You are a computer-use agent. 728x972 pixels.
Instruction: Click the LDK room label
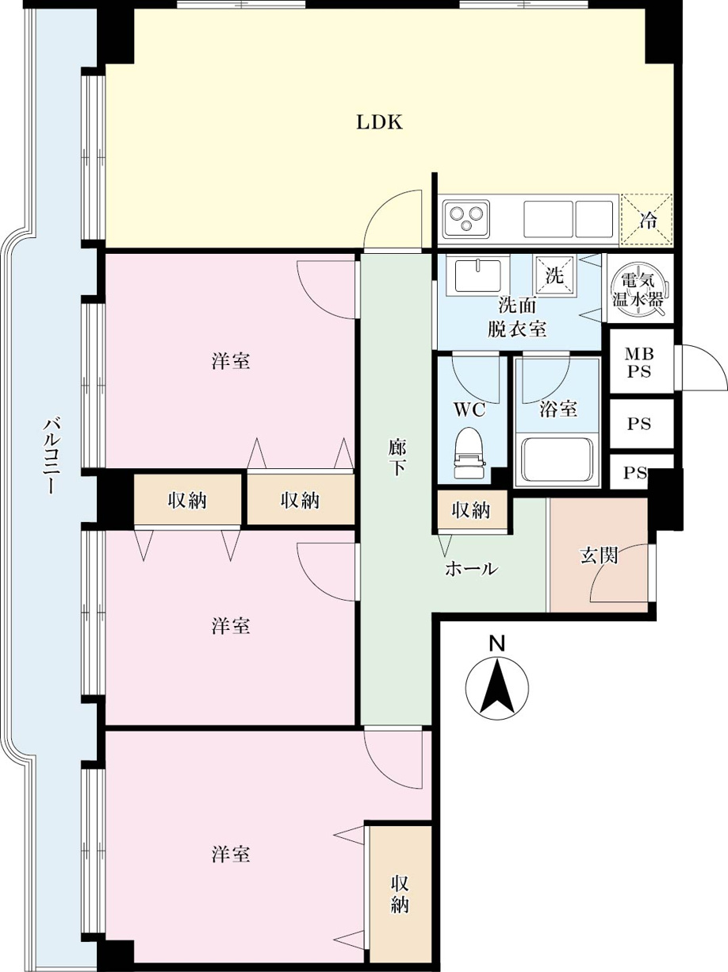coord(380,122)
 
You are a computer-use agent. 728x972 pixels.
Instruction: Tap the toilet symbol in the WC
coord(469,452)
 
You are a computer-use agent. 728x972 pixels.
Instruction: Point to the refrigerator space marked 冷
coord(647,220)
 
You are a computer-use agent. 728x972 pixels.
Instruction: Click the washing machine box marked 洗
coord(554,275)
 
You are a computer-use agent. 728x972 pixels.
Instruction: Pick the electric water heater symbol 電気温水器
coord(638,290)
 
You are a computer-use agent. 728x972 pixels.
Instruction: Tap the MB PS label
coord(639,363)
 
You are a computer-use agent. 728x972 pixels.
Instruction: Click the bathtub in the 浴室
coord(557,460)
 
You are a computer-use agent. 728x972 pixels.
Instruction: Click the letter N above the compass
coord(497,643)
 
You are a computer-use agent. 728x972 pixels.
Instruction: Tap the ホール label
coord(472,569)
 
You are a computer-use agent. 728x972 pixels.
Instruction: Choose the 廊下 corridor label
coord(397,457)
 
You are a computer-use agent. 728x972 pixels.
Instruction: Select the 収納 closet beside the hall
coord(472,511)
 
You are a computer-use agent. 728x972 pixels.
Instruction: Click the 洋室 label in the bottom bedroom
coord(231,854)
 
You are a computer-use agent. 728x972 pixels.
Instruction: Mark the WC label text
coord(469,410)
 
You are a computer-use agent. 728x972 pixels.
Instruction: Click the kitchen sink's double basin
coord(569,219)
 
